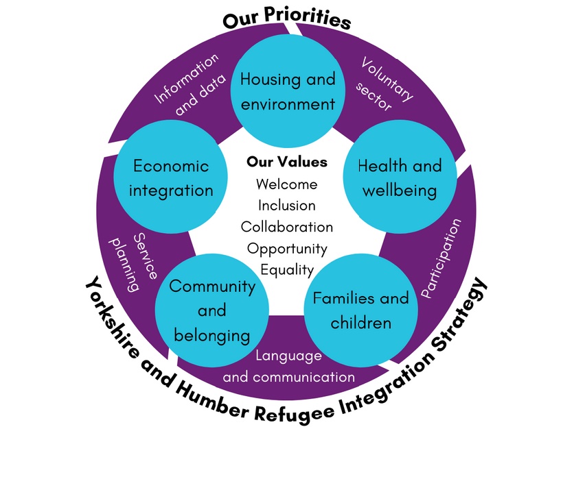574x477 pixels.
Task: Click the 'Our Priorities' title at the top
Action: [x=287, y=19]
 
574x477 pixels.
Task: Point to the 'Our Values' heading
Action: [x=287, y=162]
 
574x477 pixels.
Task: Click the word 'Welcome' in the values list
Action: [x=287, y=184]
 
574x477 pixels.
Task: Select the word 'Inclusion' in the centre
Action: [x=287, y=205]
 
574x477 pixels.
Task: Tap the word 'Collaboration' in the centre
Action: [x=287, y=226]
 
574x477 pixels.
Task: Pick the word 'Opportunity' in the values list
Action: [x=287, y=248]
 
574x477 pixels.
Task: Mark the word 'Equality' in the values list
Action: [x=287, y=269]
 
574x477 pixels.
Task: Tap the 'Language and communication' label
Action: [x=289, y=367]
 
